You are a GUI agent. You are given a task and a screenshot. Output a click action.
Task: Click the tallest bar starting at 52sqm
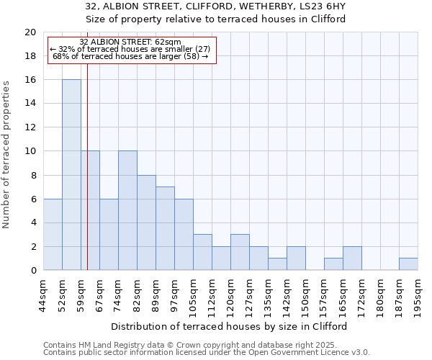click(71, 175)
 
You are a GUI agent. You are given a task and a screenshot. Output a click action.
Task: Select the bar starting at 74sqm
click(127, 210)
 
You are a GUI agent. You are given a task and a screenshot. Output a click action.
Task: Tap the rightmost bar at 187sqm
click(408, 264)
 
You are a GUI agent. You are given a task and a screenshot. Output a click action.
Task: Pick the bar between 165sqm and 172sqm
click(352, 258)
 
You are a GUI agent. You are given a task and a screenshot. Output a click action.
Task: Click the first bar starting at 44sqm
click(53, 235)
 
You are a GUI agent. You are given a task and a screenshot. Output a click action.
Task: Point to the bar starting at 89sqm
click(165, 228)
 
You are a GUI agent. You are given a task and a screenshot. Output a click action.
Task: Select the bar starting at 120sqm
click(240, 252)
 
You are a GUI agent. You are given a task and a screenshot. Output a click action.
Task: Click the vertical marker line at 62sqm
click(87, 166)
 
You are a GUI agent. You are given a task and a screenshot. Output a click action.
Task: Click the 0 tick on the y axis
click(33, 271)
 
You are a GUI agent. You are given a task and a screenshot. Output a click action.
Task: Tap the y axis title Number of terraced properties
click(6, 155)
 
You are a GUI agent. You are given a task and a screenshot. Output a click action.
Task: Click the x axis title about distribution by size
click(230, 326)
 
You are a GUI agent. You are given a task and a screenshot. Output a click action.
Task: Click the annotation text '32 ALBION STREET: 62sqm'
click(130, 42)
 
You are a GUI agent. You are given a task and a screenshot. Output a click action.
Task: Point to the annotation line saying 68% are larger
click(130, 56)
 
